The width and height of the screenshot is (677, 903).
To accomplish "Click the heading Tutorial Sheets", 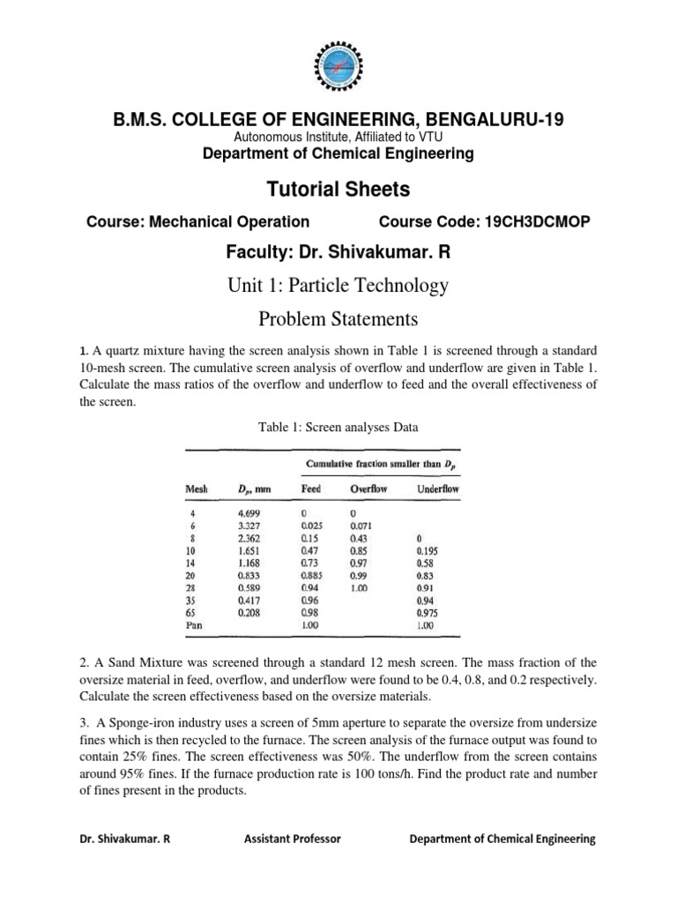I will [338, 189].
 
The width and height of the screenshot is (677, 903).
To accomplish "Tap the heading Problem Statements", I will [338, 317].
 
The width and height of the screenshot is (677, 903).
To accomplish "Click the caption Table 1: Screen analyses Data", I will [338, 427].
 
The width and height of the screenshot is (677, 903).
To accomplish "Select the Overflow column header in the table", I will [369, 489].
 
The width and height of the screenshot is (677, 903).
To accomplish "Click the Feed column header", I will [310, 489].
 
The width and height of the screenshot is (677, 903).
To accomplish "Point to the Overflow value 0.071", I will [362, 525].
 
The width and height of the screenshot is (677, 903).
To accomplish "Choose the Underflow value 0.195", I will [426, 549].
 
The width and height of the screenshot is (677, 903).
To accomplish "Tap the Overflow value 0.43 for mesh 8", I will [360, 537].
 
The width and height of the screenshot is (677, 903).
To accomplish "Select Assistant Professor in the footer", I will [292, 840].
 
